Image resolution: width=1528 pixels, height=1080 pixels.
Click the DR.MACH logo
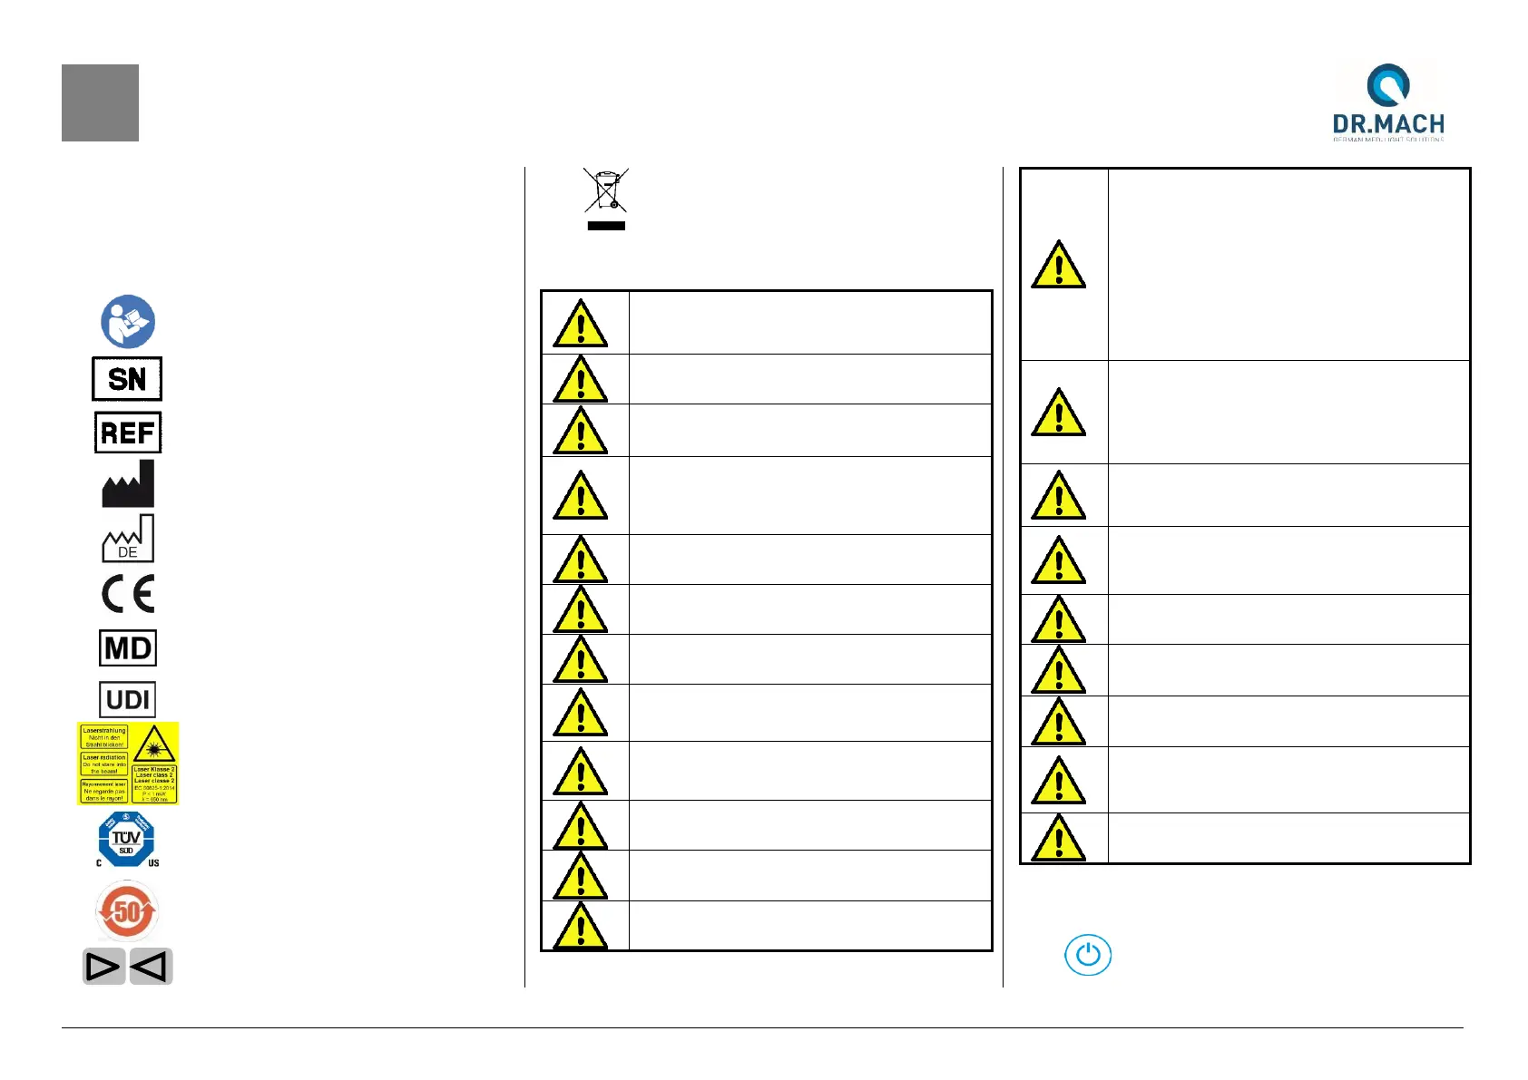pos(1387,102)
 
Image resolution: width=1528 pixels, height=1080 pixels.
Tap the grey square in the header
pos(100,102)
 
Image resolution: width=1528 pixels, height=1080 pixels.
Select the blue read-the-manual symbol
pos(128,321)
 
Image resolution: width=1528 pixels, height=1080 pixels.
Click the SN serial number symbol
pos(127,379)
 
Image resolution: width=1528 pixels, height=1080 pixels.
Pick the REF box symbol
pos(128,433)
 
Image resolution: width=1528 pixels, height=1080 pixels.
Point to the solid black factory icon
pos(128,485)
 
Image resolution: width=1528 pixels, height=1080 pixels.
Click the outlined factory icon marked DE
pos(128,540)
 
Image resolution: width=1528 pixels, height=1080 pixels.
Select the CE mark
pos(128,595)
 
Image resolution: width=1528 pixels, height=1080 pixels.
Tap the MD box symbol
pos(128,648)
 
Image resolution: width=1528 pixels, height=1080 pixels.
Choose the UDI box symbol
pos(128,700)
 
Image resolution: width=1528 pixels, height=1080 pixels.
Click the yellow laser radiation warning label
pos(128,763)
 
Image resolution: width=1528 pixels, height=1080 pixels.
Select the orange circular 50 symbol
pos(127,911)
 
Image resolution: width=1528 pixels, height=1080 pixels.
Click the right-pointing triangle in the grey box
pos(103,967)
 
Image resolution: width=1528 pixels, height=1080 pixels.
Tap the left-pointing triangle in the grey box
pos(150,967)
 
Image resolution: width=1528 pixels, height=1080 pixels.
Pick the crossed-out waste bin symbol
pos(606,190)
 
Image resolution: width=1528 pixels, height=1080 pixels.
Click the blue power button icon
pos(1087,955)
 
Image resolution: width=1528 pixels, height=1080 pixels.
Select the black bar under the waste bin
pos(606,226)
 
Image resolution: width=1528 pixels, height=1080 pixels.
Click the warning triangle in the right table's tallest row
pos(1058,266)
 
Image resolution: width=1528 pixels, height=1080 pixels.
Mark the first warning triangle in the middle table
pos(581,324)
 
